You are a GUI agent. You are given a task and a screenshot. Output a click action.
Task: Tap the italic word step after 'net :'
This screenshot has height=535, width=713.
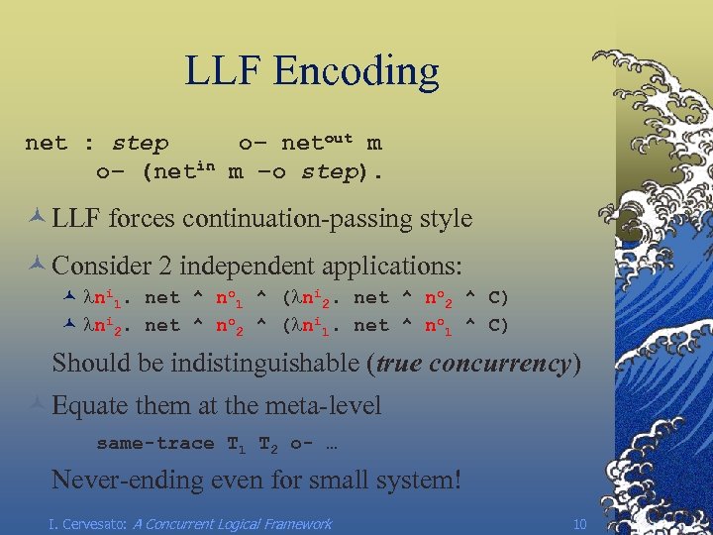click(x=140, y=144)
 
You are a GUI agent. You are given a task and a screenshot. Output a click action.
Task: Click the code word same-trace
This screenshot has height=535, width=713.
click(x=154, y=443)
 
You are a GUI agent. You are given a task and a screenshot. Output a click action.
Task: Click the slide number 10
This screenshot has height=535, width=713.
click(x=580, y=523)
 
